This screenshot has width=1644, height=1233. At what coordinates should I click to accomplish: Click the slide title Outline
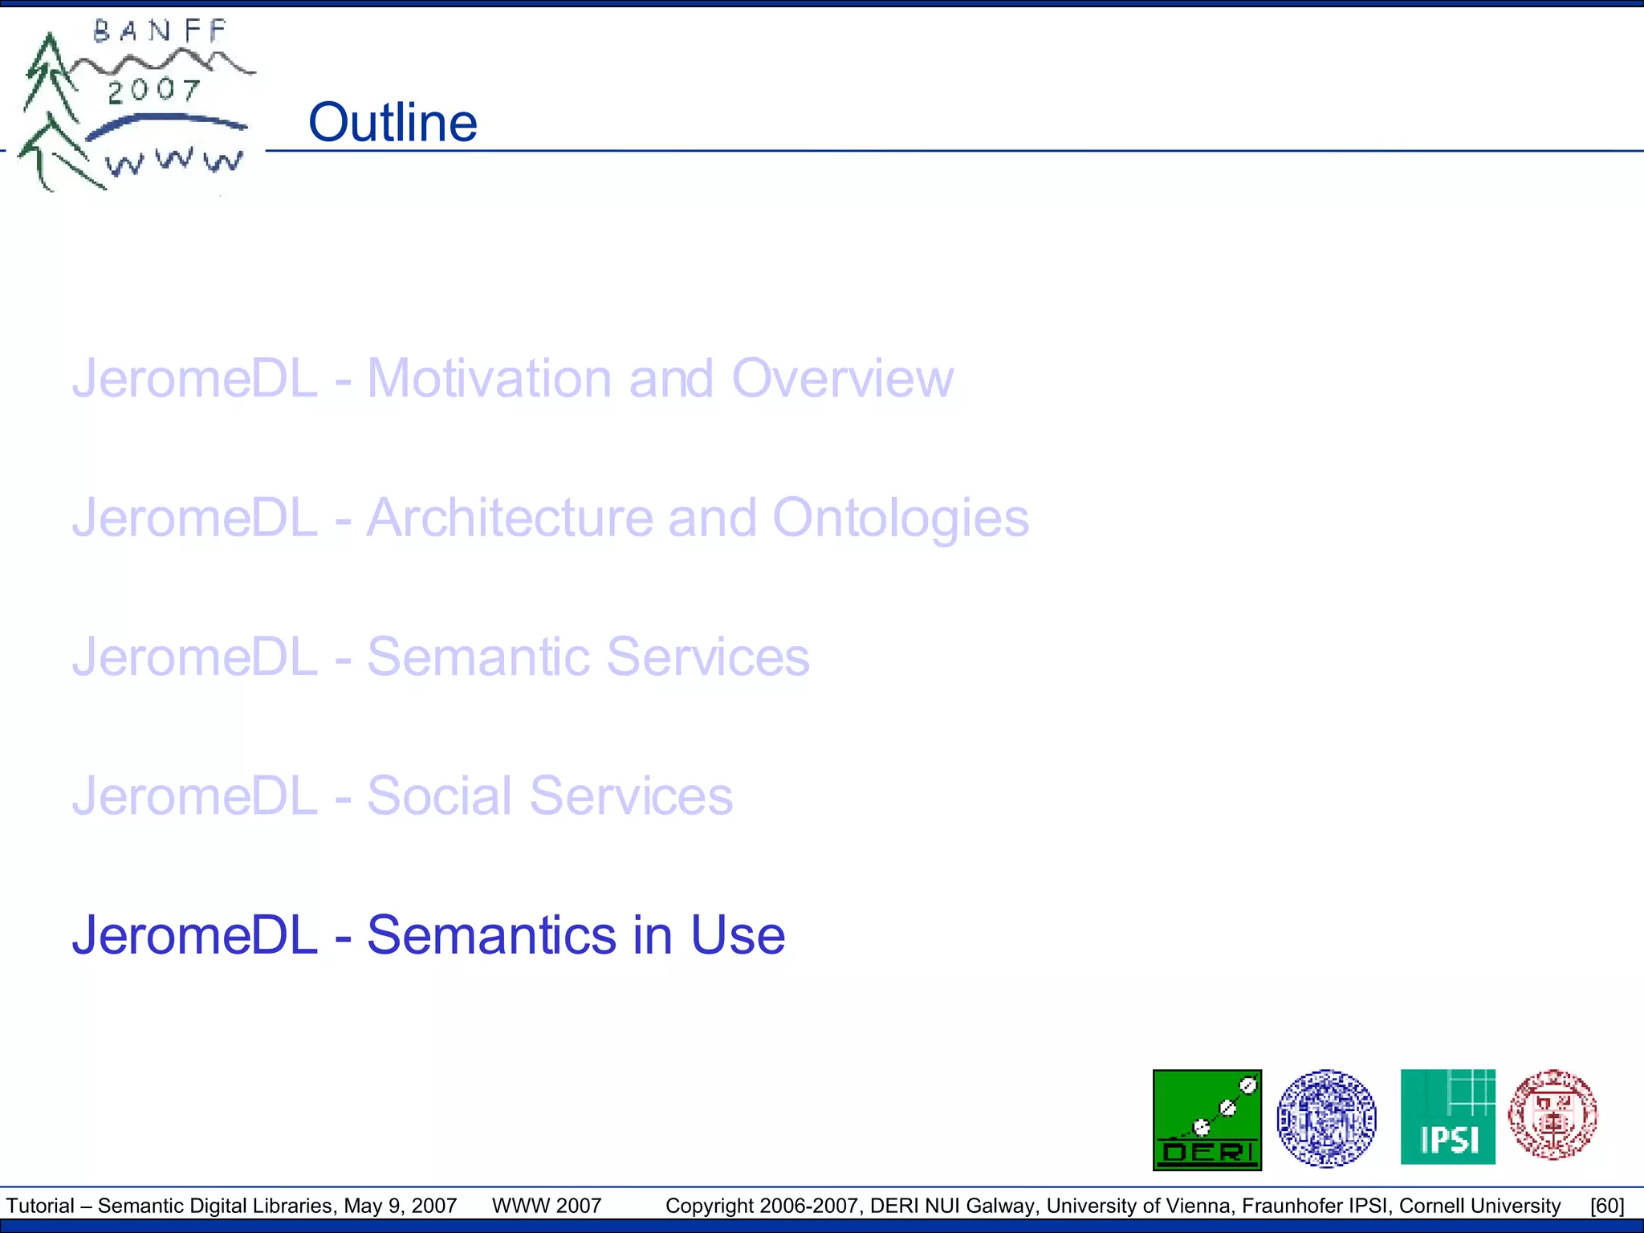point(393,123)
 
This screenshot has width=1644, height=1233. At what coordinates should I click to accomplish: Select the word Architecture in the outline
point(510,518)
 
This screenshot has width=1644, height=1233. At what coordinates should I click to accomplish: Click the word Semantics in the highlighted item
point(492,935)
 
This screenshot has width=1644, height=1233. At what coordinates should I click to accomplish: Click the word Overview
point(842,378)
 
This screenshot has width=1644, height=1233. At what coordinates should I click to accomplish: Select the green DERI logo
point(1207,1120)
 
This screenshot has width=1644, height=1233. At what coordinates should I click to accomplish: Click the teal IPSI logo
point(1447,1117)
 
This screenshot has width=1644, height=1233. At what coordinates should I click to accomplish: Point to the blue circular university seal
point(1326,1118)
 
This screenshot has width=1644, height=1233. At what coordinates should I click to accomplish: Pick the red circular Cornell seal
point(1552,1114)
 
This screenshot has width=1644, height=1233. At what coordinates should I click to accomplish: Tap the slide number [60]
point(1607,1206)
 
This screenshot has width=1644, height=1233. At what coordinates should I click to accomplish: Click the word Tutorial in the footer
point(40,1206)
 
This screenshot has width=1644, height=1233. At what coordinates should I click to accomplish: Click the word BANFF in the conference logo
point(161,31)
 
